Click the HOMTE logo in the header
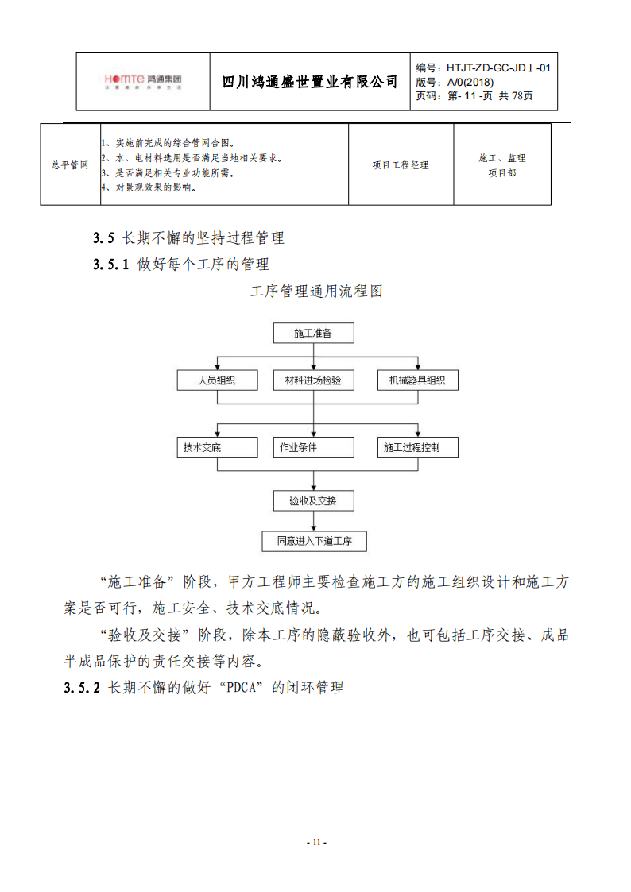143,80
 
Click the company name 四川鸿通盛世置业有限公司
310,82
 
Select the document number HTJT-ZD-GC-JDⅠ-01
498,68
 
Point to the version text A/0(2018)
470,82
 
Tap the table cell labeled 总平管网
70,165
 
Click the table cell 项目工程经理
401,165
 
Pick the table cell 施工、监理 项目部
502,165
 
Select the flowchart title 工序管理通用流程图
316,292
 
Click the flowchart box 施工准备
313,334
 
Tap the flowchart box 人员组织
217,380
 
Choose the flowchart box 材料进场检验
313,380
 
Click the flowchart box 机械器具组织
418,380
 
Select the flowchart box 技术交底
217,447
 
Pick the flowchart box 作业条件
313,447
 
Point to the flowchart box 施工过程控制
418,447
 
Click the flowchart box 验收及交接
313,501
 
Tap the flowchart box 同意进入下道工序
314,542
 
